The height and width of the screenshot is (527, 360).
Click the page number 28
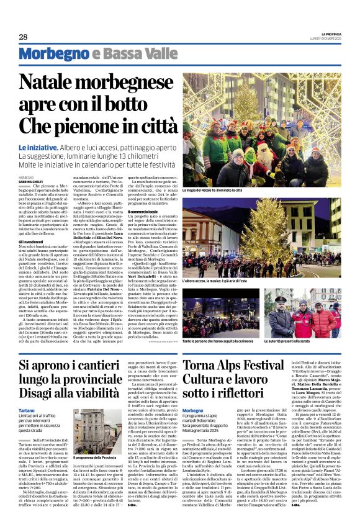pyautogui.click(x=23, y=37)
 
